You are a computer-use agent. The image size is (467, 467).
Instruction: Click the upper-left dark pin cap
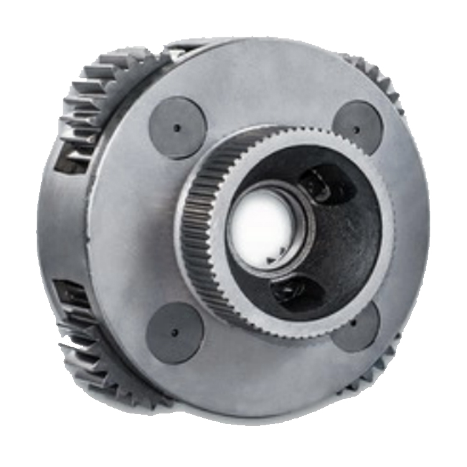pyautogui.click(x=177, y=128)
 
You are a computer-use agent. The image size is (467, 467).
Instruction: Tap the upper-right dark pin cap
pyautogui.click(x=357, y=128)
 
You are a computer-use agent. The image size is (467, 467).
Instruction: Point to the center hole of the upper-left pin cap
pyautogui.click(x=177, y=128)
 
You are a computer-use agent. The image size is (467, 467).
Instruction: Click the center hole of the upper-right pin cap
pyautogui.click(x=357, y=130)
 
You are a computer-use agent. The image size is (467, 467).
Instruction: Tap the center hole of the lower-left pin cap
pyautogui.click(x=174, y=331)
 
